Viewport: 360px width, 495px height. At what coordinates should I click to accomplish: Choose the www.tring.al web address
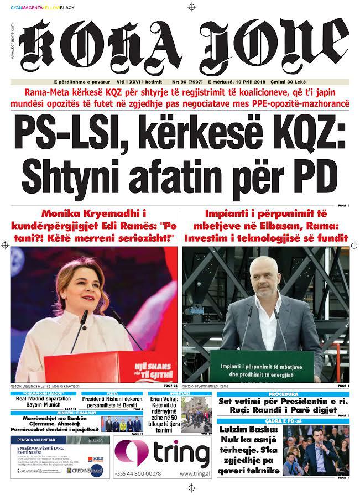(194, 475)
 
